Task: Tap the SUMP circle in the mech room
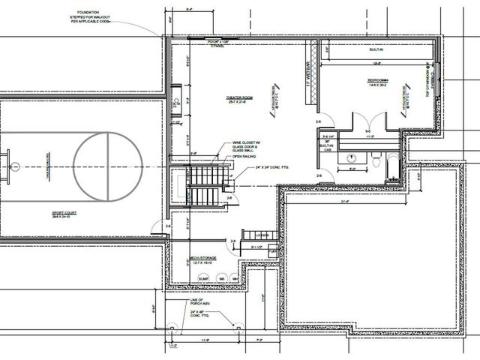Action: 202,278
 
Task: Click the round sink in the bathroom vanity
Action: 351,158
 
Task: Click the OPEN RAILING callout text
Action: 251,157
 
